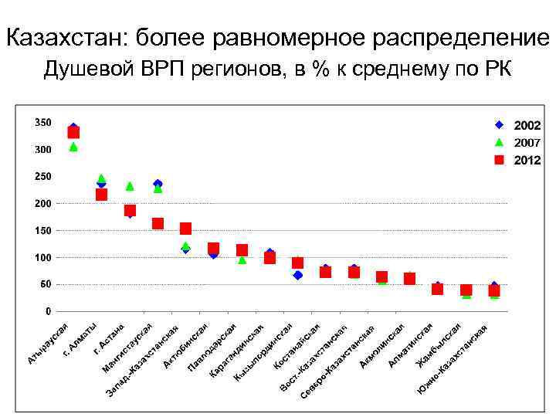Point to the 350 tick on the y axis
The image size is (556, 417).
point(42,123)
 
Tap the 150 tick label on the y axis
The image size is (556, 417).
point(42,231)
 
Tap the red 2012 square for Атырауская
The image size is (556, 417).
point(73,132)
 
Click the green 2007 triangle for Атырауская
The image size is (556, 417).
point(73,146)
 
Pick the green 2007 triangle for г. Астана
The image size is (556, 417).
point(130,185)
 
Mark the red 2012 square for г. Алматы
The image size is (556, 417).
point(101,195)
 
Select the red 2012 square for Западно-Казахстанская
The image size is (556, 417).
point(185,229)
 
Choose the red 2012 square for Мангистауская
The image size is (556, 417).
point(158,223)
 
